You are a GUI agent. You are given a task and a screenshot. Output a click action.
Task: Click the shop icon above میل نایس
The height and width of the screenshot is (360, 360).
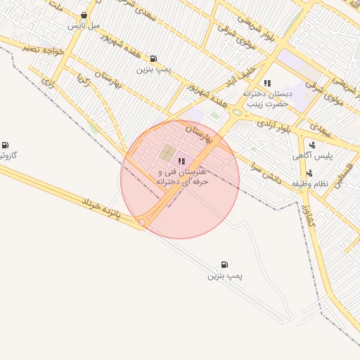84,15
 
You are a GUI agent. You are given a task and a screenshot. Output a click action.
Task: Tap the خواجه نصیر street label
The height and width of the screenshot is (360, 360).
43,49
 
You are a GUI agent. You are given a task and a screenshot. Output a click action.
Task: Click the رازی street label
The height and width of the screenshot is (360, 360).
48,82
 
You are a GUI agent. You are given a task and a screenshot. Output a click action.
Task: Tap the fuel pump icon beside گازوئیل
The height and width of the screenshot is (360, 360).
6,144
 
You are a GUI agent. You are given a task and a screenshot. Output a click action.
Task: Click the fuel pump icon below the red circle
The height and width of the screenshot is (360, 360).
224,264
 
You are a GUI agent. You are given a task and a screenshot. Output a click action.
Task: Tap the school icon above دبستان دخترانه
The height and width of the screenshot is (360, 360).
266,83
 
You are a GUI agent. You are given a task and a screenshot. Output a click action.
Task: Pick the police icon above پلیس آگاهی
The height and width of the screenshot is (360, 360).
311,145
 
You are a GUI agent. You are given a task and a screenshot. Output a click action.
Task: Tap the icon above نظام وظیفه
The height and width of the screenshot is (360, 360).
309,173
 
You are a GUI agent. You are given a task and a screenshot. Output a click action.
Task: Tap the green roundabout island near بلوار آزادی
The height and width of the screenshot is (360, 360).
238,112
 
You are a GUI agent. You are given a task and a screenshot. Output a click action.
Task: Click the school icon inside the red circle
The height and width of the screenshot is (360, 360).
182,161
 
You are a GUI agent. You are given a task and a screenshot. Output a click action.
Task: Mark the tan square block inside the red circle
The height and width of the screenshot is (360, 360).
168,153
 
